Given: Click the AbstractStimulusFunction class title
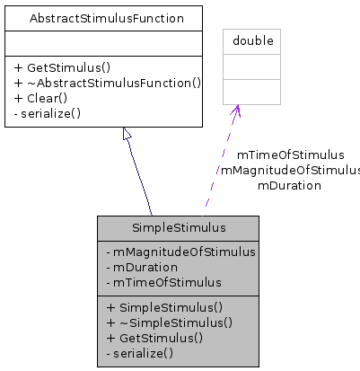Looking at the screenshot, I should [x=107, y=18].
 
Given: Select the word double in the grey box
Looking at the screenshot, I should [x=252, y=41].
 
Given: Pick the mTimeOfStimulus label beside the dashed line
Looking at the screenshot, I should [x=290, y=155].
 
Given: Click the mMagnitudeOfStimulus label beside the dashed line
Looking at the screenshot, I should [x=289, y=170].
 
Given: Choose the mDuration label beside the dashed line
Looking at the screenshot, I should [x=289, y=185].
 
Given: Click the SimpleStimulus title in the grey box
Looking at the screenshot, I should [x=178, y=227].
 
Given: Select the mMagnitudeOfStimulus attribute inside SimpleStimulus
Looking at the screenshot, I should [x=180, y=252].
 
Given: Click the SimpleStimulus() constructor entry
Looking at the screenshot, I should [x=164, y=307].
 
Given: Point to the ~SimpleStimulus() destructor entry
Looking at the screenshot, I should [x=169, y=322].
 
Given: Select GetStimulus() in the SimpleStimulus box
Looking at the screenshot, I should [x=154, y=338].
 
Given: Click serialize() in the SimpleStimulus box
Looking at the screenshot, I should [x=139, y=353].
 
